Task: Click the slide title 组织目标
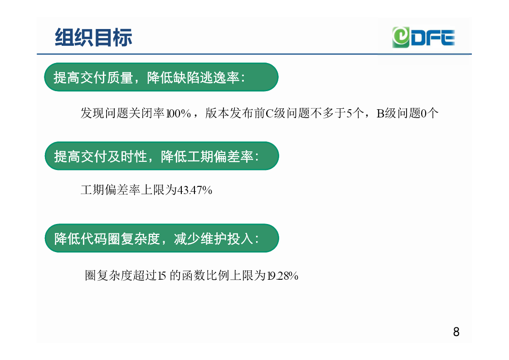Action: pyautogui.click(x=93, y=37)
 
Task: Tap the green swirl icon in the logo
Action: pyautogui.click(x=401, y=37)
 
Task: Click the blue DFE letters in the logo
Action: pyautogui.click(x=433, y=38)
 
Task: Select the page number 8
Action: pyautogui.click(x=456, y=332)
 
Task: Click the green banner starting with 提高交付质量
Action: pyautogui.click(x=161, y=77)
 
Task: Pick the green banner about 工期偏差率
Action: pyautogui.click(x=162, y=156)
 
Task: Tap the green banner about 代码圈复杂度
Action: pyautogui.click(x=162, y=238)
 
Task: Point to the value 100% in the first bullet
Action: pyautogui.click(x=179, y=113)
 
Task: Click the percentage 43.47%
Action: pyautogui.click(x=194, y=190)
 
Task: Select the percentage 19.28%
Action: pyautogui.click(x=282, y=276)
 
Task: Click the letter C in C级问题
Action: pyautogui.click(x=270, y=113)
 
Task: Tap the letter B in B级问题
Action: pyautogui.click(x=380, y=113)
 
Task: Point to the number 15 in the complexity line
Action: pyautogui.click(x=162, y=276)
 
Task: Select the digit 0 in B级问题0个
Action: pyautogui.click(x=423, y=113)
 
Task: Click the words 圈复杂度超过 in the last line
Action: pyautogui.click(x=121, y=276)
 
